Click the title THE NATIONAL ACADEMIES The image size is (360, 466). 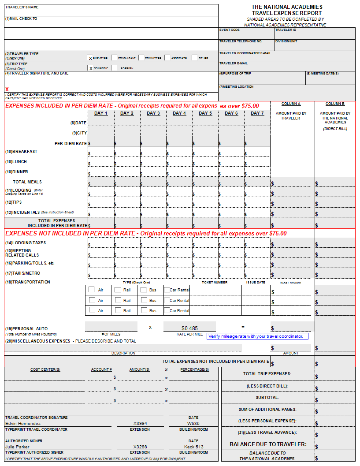click(x=287, y=7)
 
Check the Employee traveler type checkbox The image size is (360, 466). click(x=90, y=58)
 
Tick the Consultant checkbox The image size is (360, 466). click(x=114, y=58)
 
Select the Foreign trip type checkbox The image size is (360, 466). click(x=114, y=68)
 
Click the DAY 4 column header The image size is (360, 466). click(x=179, y=113)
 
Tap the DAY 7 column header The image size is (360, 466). click(x=257, y=113)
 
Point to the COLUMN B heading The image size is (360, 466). click(x=335, y=104)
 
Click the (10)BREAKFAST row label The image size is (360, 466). click(x=21, y=152)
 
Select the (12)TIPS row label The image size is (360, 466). click(x=14, y=202)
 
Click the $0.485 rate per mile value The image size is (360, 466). click(x=189, y=328)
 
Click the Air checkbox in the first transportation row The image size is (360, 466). click(x=92, y=290)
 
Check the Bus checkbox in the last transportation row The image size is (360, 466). click(x=144, y=310)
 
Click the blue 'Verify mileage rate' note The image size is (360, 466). click(x=256, y=336)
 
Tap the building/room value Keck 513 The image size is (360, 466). click(x=193, y=447)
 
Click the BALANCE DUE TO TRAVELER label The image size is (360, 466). click(x=268, y=444)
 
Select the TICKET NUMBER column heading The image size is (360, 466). click(x=215, y=282)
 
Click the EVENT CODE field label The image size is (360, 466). click(x=230, y=30)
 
